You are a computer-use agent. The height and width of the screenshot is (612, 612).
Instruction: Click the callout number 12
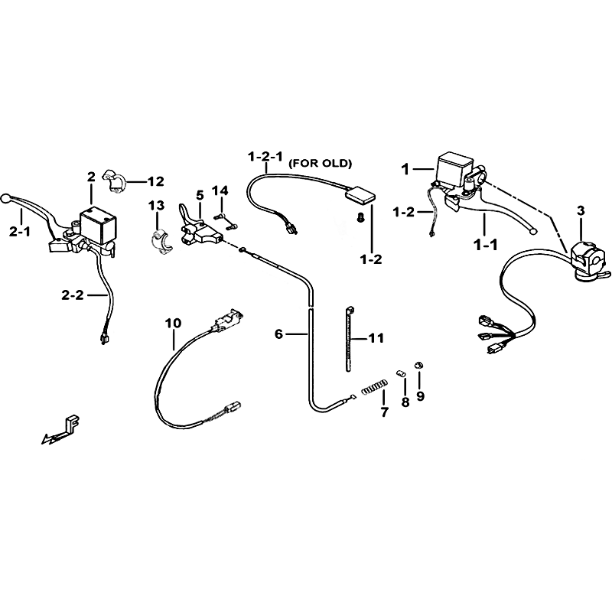click(x=156, y=181)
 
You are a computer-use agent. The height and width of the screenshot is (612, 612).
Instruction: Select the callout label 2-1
click(x=20, y=233)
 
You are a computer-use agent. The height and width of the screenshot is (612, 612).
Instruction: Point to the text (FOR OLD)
click(x=320, y=164)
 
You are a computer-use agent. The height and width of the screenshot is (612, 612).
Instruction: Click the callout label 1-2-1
click(x=265, y=157)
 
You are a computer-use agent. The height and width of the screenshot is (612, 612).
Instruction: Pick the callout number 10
click(x=174, y=323)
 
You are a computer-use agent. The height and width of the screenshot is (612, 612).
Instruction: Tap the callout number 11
click(x=376, y=338)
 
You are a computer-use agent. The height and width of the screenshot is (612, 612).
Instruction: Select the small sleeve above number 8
click(x=400, y=373)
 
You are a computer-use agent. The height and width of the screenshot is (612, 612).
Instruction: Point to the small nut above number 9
click(x=418, y=365)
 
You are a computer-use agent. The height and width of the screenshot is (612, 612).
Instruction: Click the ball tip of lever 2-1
click(x=5, y=198)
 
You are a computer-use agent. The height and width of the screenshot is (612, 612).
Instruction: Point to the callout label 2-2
click(x=73, y=295)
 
